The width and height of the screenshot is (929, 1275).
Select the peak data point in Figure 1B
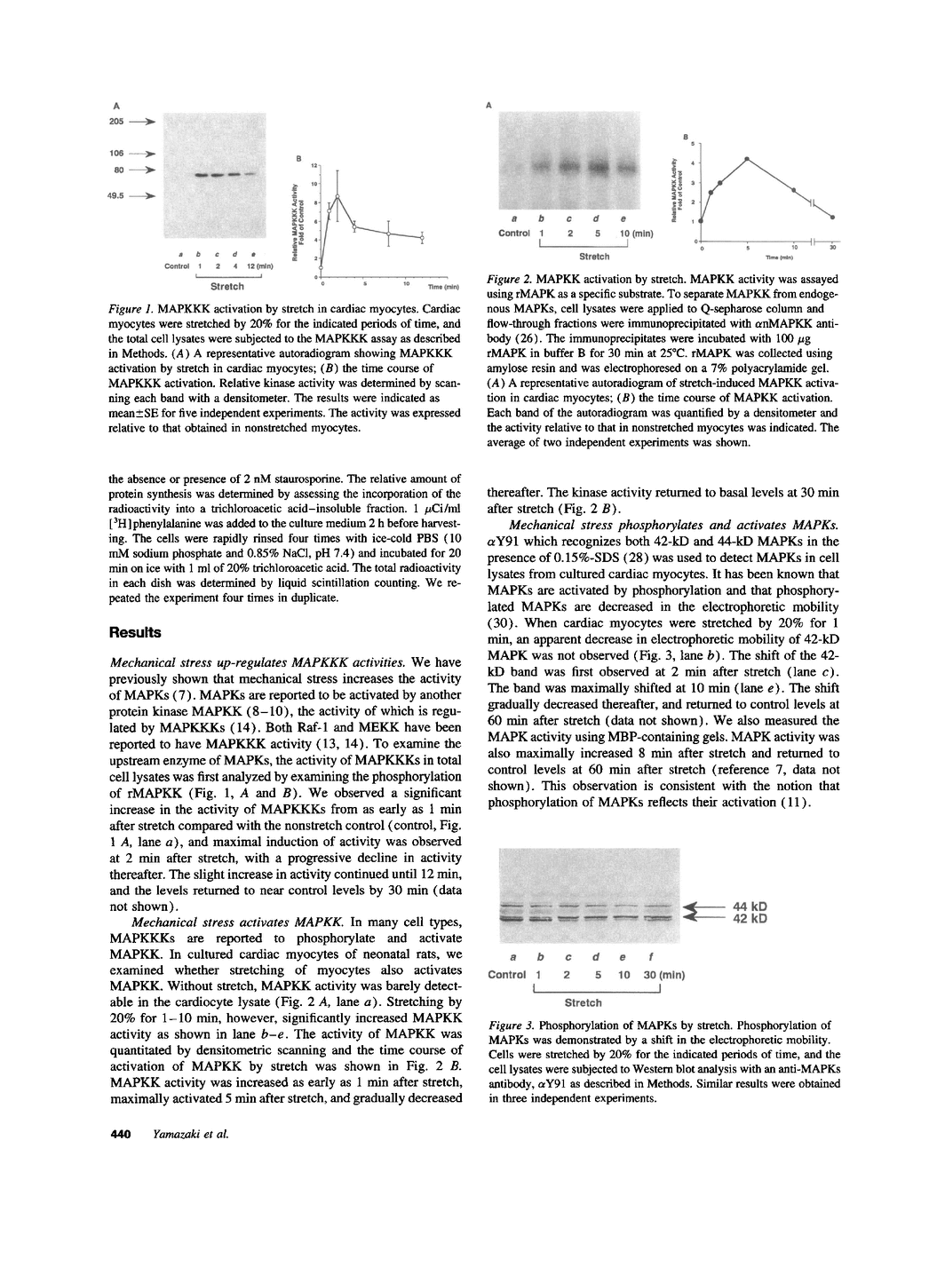click(337, 196)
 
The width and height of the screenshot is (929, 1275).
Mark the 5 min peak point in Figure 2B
click(748, 159)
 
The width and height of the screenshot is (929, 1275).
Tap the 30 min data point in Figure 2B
click(832, 217)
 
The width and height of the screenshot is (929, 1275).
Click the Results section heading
click(135, 633)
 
